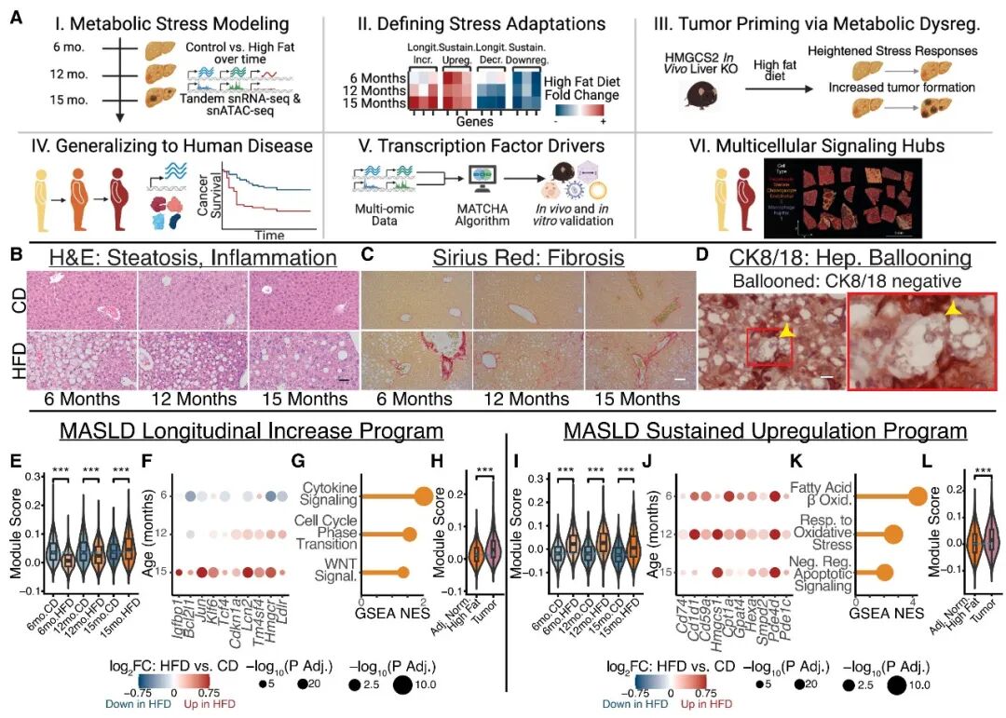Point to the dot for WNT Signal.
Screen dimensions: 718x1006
(402, 572)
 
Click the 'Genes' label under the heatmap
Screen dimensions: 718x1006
(469, 122)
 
